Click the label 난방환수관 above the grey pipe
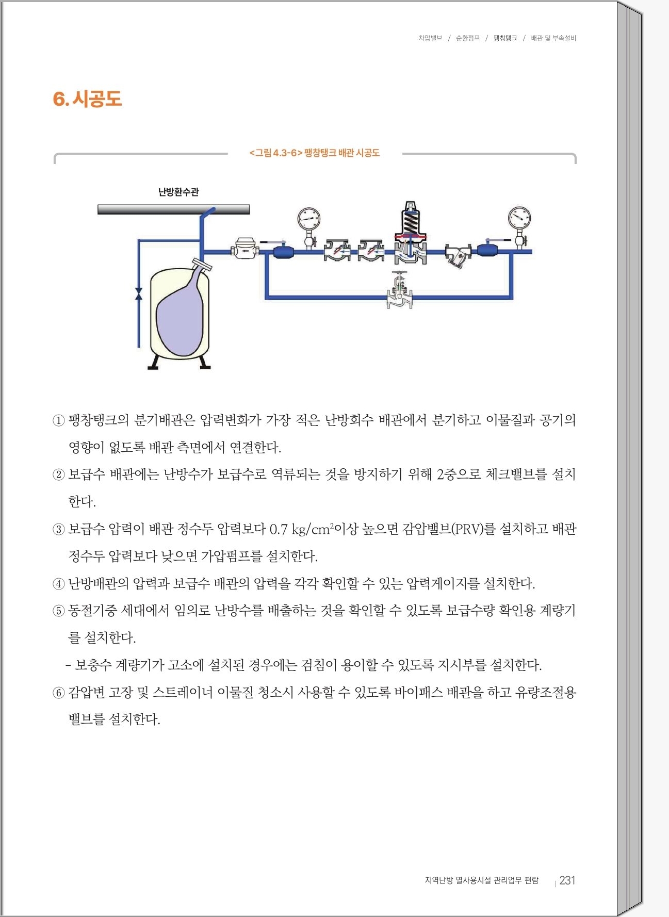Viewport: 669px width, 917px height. (x=178, y=192)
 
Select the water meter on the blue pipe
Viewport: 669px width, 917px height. (x=245, y=249)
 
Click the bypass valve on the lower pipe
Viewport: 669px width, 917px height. (x=400, y=291)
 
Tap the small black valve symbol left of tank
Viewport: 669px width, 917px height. (x=138, y=294)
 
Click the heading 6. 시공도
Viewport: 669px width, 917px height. (x=87, y=99)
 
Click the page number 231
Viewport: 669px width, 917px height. (x=567, y=880)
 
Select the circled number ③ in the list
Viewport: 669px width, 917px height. (x=58, y=530)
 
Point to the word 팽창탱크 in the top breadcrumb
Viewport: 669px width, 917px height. (x=505, y=38)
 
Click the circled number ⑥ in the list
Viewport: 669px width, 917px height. (x=58, y=693)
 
